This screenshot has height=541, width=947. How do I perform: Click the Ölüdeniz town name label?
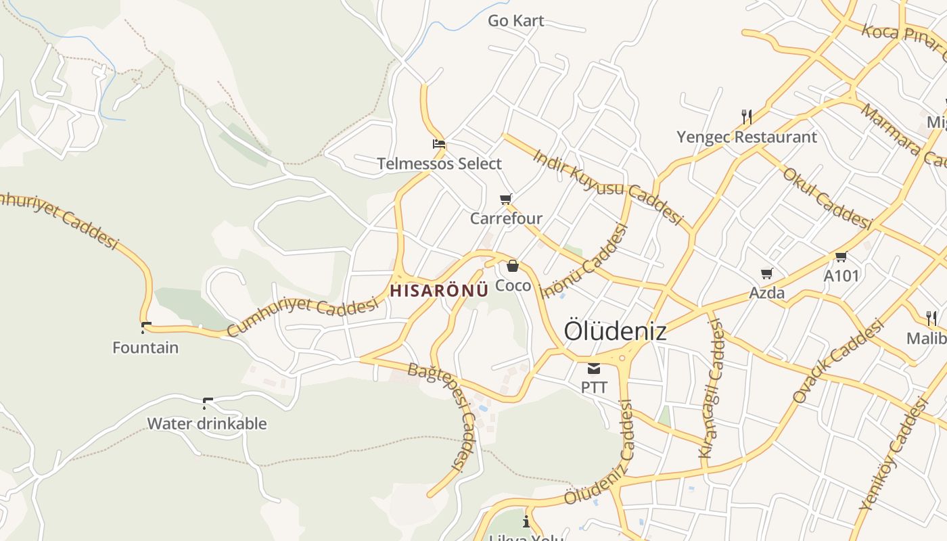615,331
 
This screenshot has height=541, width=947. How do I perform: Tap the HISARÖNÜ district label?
439,291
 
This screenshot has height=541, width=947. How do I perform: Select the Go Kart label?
516,21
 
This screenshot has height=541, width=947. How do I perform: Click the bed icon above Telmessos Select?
439,144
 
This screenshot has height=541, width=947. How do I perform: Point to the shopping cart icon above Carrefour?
505,199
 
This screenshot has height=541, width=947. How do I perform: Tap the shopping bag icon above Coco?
513,266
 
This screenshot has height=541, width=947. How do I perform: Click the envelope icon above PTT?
594,369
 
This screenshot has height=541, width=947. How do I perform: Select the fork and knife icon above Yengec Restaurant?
747,117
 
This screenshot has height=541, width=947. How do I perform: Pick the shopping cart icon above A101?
841,256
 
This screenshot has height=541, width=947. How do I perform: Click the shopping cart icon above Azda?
766,274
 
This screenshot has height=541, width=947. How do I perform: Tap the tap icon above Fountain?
145,328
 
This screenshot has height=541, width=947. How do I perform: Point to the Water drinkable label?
207,424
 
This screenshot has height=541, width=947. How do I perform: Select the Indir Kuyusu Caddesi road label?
607,186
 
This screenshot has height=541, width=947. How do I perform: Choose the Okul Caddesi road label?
827,197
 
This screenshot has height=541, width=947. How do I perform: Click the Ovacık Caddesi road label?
839,362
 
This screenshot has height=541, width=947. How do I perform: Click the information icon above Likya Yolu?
526,521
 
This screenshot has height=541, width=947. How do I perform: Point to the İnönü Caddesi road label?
586,261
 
